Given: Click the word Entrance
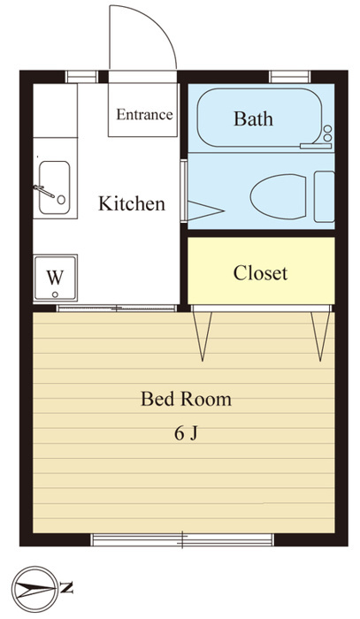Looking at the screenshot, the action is [144, 114].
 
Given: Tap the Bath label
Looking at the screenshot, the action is [253, 118].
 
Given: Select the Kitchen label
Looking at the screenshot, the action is [132, 203].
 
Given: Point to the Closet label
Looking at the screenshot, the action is [260, 272].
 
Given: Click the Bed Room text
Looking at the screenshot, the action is [186, 399].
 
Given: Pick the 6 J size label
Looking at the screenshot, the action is [186, 434].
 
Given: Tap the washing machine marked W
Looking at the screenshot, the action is [55, 278].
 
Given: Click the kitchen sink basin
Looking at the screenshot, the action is [55, 187].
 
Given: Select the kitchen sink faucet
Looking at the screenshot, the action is [44, 191].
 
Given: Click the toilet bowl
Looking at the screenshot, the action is [279, 196].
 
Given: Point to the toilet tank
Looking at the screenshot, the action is [324, 196].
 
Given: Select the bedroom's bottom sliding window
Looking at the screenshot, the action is [182, 539].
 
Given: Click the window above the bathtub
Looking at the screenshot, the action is [290, 77].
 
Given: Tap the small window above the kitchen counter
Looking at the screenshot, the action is [81, 77].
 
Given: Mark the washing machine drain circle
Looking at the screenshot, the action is [55, 294].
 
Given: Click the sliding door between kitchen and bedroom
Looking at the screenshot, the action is [117, 309].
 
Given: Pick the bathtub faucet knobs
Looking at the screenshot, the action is [327, 133].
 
